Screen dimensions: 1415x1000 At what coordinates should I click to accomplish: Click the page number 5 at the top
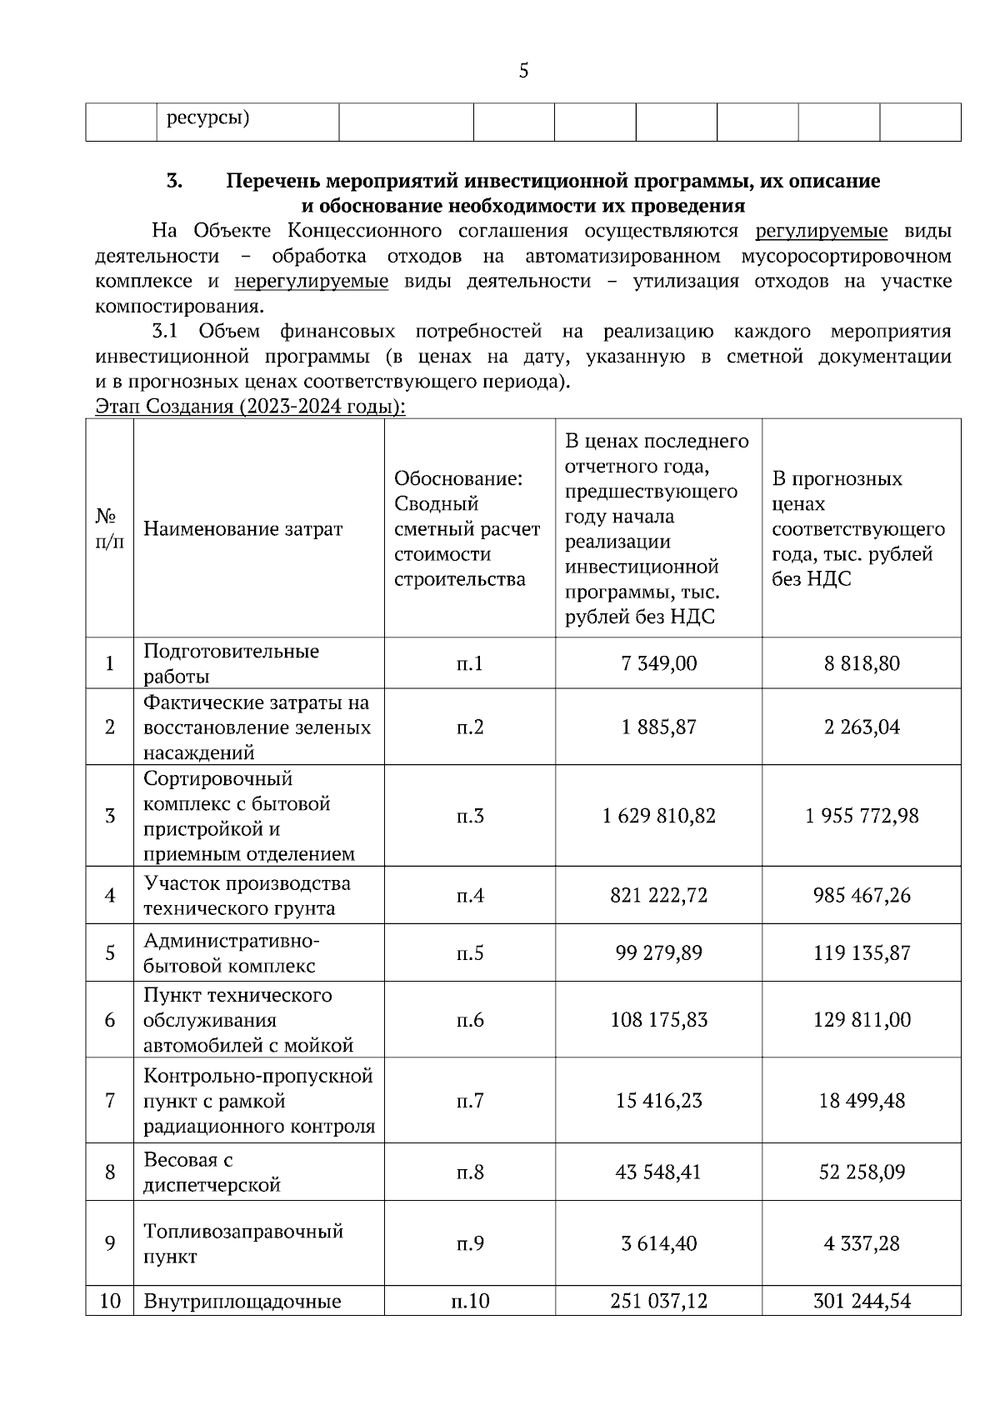point(523,72)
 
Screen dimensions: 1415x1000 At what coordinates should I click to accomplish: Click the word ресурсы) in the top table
point(208,117)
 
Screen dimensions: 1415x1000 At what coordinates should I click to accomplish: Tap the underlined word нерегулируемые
point(311,282)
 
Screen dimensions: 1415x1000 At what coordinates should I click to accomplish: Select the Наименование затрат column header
point(242,528)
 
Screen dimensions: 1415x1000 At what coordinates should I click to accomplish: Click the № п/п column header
point(109,528)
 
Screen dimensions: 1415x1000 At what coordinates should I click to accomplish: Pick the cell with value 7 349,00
point(658,663)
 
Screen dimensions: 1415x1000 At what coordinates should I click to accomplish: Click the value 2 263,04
point(862,727)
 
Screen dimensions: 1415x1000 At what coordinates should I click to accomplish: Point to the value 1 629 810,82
point(658,815)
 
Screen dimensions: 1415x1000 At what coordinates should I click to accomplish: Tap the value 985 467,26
point(862,895)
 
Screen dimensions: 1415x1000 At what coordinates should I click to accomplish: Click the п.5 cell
point(469,952)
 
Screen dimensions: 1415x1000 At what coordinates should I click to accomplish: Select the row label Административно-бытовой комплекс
point(231,952)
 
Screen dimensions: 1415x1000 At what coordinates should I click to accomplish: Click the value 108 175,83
point(658,1019)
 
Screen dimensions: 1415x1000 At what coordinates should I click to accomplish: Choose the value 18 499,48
point(862,1100)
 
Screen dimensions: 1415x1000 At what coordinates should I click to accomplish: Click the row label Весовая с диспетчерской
point(212,1172)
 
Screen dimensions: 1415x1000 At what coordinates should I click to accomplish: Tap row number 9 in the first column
point(109,1243)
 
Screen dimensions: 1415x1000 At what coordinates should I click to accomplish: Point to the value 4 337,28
point(862,1243)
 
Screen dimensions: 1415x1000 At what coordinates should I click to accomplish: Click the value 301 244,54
point(862,1301)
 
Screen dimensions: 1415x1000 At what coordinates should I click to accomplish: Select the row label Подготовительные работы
point(231,663)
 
